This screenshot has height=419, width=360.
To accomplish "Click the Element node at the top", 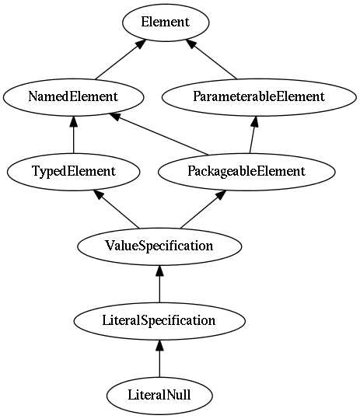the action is coord(166,23).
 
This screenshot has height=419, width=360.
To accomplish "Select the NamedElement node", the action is coord(74,97).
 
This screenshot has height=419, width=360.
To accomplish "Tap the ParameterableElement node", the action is coord(259,97).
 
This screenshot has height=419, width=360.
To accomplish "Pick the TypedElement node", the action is coord(74,172).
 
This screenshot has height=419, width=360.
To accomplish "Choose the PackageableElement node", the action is coord(246,172).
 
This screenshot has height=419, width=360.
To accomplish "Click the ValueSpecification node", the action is coord(159,246).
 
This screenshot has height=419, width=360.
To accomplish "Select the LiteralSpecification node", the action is coord(159,321).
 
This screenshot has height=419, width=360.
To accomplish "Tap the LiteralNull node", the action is coord(159,396).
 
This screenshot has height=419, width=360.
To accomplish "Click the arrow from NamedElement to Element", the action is coord(121,59).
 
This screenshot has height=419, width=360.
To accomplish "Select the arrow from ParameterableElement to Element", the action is coord(211,59).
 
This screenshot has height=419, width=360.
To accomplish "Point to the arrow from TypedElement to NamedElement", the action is coord(74,134).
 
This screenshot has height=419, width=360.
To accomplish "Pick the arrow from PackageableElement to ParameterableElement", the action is coord(253,134).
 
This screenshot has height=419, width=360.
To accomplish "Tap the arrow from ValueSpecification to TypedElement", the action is coord(116,209).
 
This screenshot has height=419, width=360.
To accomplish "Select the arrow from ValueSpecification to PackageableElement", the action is coord(204,209).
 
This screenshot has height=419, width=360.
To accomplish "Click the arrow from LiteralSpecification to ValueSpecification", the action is coord(159,284).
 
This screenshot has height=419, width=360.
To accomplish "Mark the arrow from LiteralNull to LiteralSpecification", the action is coord(159,358).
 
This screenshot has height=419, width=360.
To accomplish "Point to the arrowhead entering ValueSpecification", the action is coord(159,271).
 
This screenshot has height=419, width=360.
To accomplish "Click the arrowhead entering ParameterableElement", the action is coord(255,121).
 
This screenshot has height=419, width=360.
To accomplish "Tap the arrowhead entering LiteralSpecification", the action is coord(159,345).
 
